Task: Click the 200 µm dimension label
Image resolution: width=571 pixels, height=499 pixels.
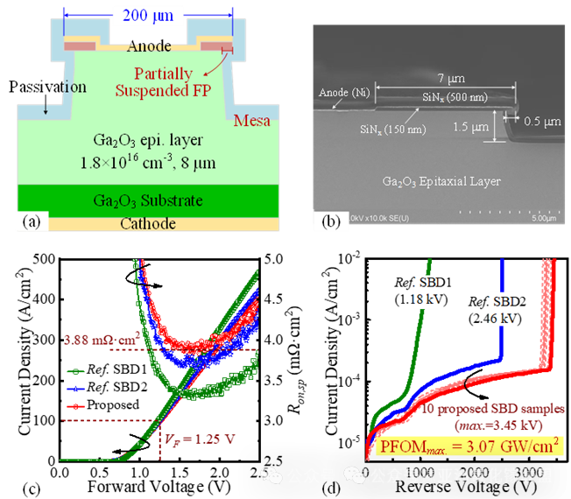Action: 148,15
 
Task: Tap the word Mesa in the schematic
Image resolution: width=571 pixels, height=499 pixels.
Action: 252,120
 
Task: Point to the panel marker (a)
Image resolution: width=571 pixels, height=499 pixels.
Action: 32,221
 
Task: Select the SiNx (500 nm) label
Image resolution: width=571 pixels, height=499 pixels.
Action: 455,97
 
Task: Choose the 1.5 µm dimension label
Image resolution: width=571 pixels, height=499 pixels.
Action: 469,128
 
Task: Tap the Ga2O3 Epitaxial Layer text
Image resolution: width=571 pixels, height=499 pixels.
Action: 441,181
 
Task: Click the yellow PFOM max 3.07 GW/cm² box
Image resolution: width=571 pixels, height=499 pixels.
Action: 469,447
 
